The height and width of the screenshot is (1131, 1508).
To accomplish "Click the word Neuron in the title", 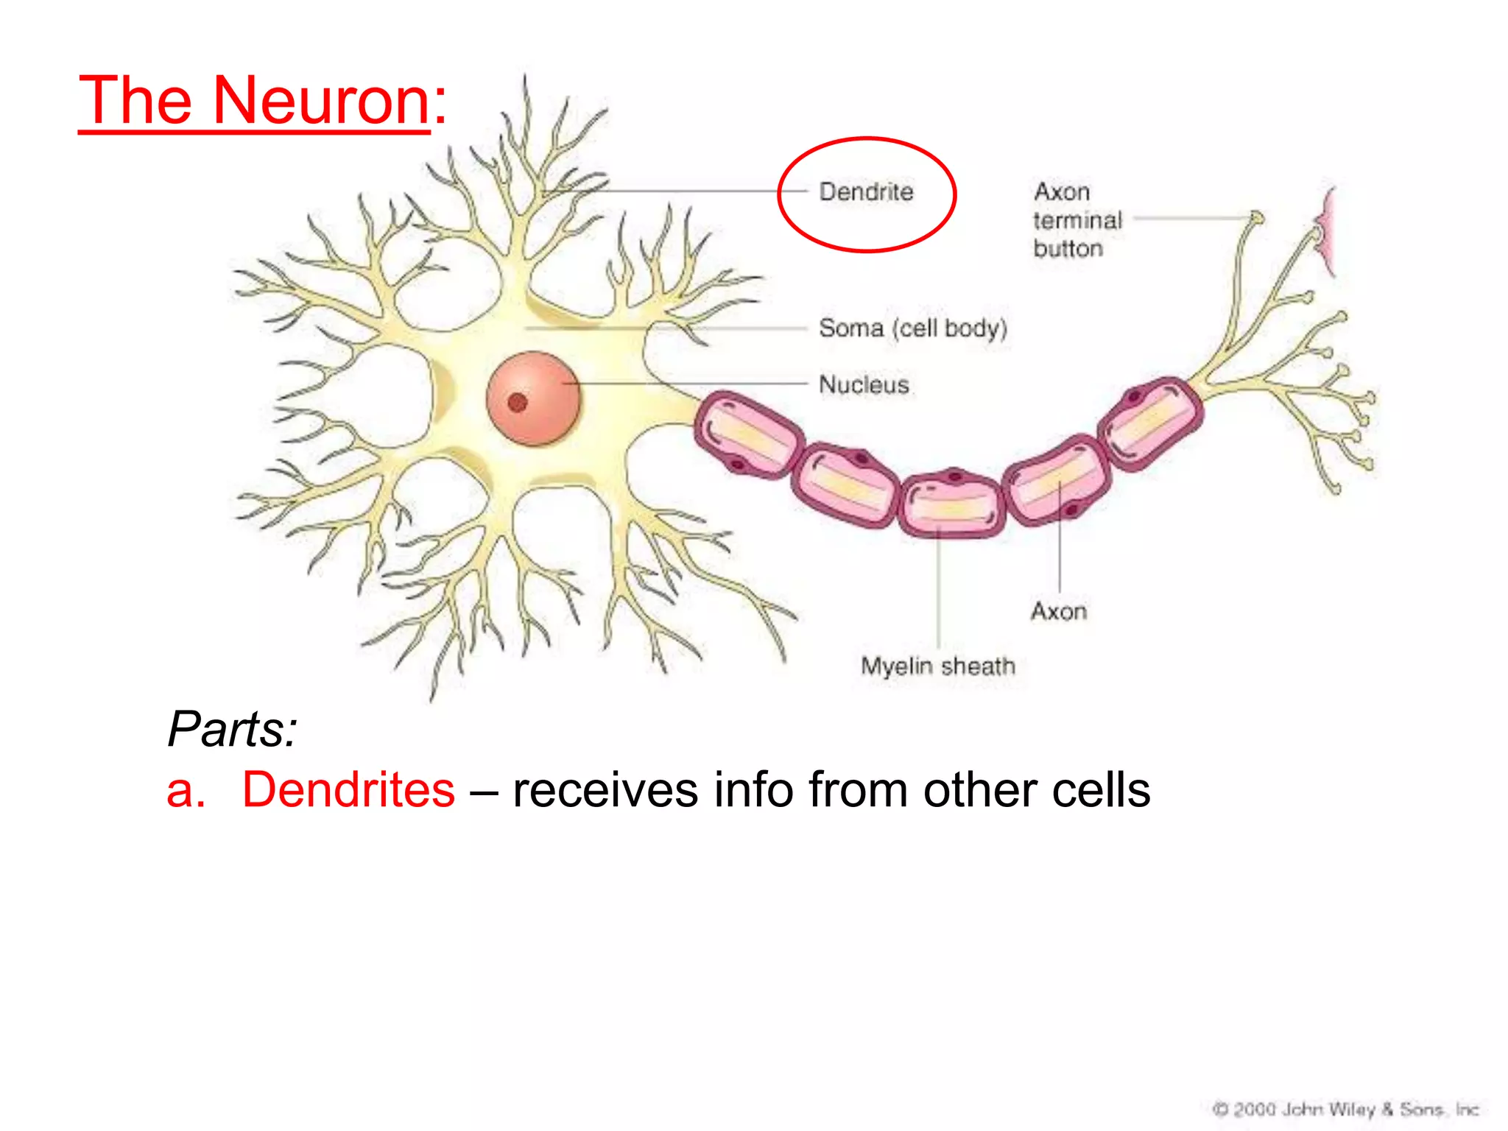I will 321,101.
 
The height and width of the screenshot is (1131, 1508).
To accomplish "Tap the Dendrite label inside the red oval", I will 866,192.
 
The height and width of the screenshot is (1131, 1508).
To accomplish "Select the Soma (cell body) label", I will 912,328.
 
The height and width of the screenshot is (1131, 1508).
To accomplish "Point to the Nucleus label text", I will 864,384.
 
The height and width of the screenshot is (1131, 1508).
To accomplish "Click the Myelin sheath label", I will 938,666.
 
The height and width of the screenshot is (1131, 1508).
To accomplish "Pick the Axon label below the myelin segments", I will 1058,611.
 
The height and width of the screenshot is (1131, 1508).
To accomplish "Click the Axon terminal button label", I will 1077,220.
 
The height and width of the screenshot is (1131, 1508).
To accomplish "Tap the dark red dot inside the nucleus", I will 518,403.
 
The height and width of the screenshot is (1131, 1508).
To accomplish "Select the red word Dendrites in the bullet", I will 348,790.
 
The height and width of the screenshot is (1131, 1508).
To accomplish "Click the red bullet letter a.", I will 185,792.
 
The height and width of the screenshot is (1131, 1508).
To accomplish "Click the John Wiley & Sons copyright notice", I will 1345,1109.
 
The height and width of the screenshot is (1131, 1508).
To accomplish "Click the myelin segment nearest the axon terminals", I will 1150,421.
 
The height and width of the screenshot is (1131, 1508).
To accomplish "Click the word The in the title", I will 136,101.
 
